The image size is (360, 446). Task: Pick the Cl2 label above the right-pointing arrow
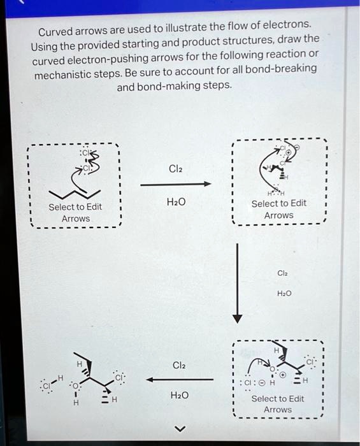pyautogui.click(x=176, y=169)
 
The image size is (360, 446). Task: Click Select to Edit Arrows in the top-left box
pyautogui.click(x=75, y=213)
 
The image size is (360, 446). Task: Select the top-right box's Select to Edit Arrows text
pyautogui.click(x=278, y=209)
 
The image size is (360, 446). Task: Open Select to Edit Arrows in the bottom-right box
pyautogui.click(x=277, y=404)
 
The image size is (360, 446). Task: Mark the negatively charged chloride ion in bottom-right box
pyautogui.click(x=250, y=384)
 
